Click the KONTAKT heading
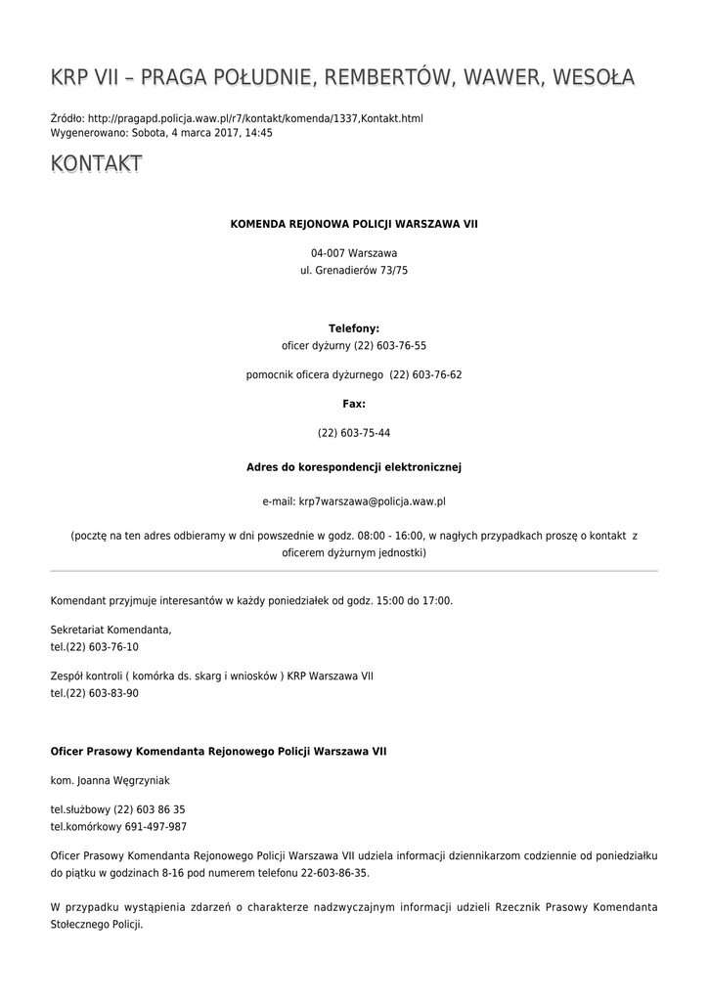pos(96,164)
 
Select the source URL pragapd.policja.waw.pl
pos(255,118)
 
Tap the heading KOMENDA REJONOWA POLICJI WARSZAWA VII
pos(354,224)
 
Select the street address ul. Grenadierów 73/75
pos(354,270)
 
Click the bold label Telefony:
pos(354,328)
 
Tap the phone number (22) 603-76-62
pos(425,374)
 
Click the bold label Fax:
pos(354,403)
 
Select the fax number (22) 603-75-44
pos(354,432)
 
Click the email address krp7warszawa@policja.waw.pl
pos(372,500)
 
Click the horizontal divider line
pos(354,570)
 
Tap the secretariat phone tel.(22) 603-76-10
pos(94,646)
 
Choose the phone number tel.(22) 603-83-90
pos(94,693)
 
